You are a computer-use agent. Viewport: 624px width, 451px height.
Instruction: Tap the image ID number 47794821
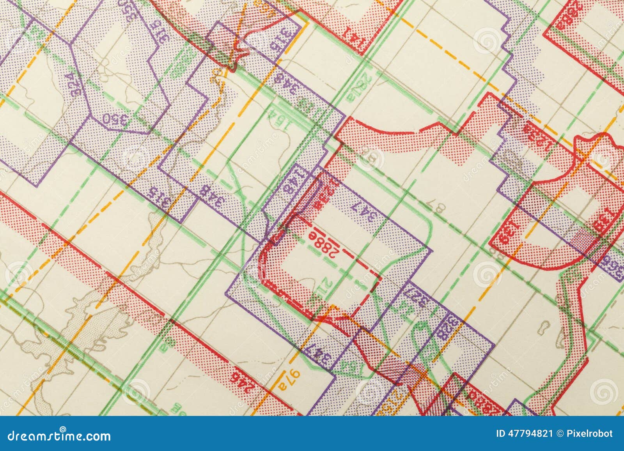point(530,433)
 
